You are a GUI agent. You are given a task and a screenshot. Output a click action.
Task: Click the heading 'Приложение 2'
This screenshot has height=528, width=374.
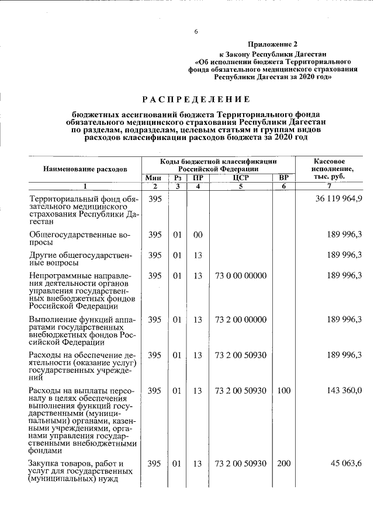click(x=272, y=44)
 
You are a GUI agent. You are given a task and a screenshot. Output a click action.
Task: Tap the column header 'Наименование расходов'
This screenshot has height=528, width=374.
click(x=85, y=169)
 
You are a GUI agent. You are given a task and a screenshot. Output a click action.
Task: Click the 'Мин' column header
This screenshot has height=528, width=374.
click(x=154, y=177)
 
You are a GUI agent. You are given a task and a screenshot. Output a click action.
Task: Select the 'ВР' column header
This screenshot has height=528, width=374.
click(x=283, y=177)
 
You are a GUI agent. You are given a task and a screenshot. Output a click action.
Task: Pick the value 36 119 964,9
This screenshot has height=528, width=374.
click(x=339, y=198)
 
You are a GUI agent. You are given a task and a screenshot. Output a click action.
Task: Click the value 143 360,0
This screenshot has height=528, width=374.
click(x=345, y=390)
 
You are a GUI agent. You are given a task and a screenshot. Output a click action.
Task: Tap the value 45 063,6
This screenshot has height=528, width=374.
click(x=348, y=463)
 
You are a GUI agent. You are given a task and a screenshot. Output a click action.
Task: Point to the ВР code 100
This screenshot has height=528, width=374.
click(x=283, y=390)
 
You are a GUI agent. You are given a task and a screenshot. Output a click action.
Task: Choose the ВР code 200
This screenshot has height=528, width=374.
click(x=283, y=463)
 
